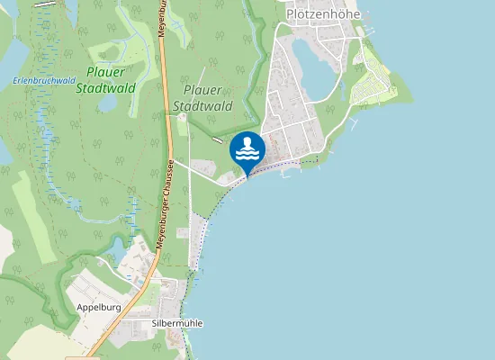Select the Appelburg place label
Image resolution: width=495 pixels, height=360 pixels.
[x=99, y=307]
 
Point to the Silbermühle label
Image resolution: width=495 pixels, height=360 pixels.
[x=177, y=323]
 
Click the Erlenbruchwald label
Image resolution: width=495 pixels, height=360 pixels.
[x=43, y=80]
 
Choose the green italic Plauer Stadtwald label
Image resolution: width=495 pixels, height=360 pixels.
[x=107, y=80]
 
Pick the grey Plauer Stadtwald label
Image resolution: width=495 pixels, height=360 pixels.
[x=207, y=98]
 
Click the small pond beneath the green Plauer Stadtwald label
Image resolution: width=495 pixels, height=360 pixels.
[x=108, y=103]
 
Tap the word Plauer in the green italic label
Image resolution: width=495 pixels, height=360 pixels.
[x=107, y=72]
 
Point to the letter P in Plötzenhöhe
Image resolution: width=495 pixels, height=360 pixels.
[x=290, y=14]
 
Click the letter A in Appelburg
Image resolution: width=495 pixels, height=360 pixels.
[x=80, y=307]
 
